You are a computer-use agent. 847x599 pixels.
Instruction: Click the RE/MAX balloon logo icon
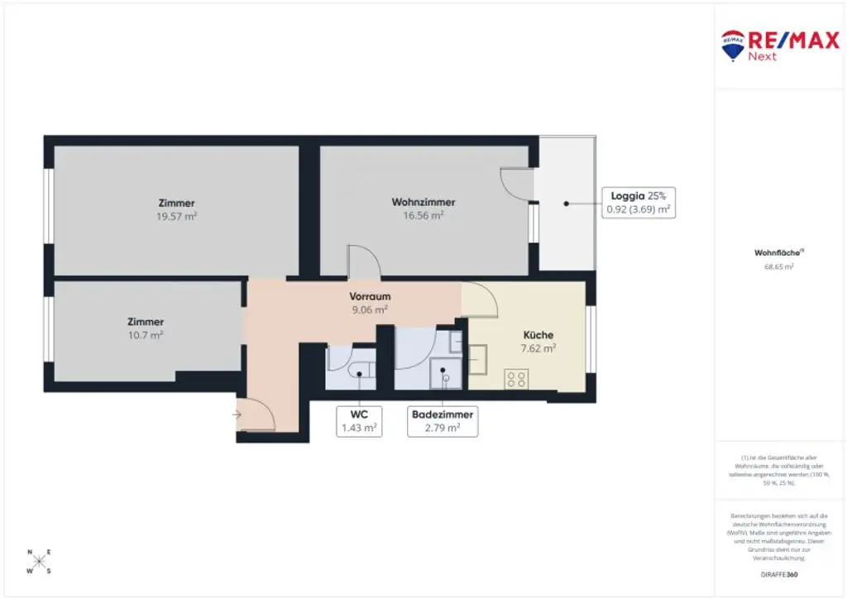coord(733,46)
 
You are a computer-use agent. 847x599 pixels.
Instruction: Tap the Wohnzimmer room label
coord(423,202)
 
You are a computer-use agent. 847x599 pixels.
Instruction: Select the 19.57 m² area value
coord(176,216)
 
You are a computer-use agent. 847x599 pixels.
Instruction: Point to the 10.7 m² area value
coord(146,335)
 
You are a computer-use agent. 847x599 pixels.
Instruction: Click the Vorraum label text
coord(370,296)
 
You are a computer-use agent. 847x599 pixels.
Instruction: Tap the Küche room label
coord(538,335)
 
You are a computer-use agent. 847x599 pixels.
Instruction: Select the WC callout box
coord(359,420)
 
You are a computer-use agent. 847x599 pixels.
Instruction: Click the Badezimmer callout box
coord(443,420)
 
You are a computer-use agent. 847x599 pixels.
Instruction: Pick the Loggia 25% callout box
coord(638,203)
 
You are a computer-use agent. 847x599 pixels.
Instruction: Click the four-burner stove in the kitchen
coord(516,379)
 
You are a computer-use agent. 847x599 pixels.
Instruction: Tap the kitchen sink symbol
coord(480,360)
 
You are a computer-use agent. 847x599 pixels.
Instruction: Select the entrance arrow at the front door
coord(238,414)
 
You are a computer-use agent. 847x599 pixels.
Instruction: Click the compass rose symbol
coord(38,561)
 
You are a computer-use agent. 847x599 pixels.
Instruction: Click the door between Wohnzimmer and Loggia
coord(519,184)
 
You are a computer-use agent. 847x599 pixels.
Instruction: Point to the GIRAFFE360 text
coord(779,574)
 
